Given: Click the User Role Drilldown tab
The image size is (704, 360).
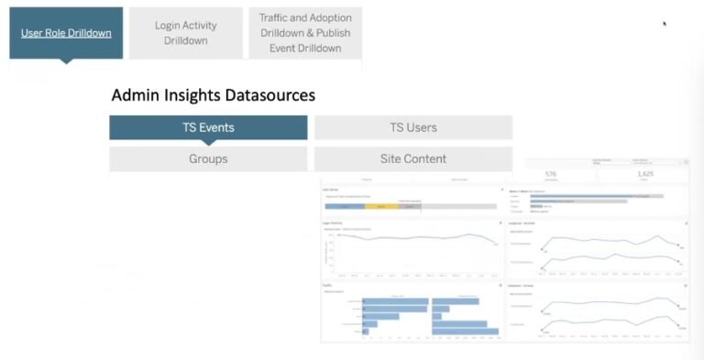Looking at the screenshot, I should point(66,33).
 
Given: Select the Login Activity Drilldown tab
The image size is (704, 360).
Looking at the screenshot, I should point(186,33).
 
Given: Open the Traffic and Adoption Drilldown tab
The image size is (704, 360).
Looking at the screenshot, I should point(304,33).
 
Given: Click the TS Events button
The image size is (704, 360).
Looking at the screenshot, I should point(208,127).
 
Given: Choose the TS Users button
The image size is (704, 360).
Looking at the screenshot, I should point(413,127).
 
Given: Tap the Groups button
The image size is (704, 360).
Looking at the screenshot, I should point(208,158).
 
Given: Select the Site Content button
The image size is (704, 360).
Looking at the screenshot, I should point(413,158).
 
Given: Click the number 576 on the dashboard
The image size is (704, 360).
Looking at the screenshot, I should point(550,173).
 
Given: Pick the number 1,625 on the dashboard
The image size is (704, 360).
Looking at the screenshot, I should point(644,173).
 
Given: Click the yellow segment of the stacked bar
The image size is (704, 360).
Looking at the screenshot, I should point(380,206).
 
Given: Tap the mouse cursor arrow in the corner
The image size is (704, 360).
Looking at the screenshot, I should point(665,24).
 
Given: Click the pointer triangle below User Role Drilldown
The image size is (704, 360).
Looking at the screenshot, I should point(66,61).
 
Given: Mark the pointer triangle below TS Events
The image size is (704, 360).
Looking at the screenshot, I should point(208,142).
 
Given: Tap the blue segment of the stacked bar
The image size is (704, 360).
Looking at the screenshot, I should point(346,206).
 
